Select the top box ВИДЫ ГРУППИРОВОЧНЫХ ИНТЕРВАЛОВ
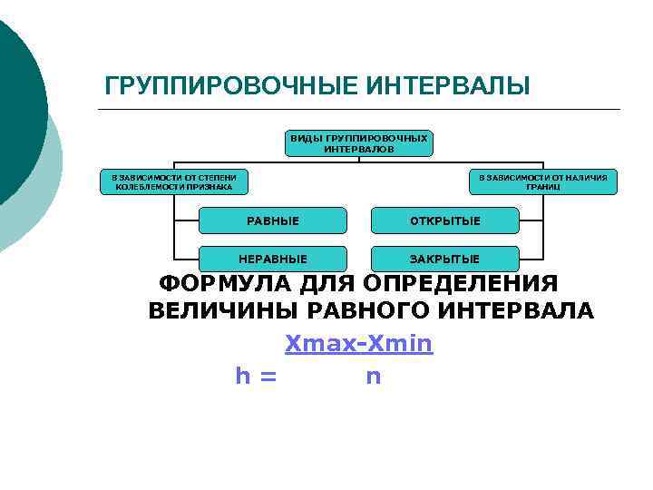[x=358, y=143]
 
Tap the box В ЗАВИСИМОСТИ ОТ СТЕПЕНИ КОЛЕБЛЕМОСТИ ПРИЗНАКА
[x=172, y=181]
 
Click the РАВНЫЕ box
[x=273, y=220]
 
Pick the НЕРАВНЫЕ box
[x=273, y=259]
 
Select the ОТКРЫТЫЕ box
[x=444, y=220]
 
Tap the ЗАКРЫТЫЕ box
[x=444, y=259]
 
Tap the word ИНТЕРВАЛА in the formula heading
[x=518, y=311]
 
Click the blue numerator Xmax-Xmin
[x=359, y=344]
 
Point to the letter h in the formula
[x=242, y=376]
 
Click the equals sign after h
[x=268, y=376]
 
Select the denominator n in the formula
[x=373, y=376]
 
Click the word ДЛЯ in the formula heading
[x=329, y=284]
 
